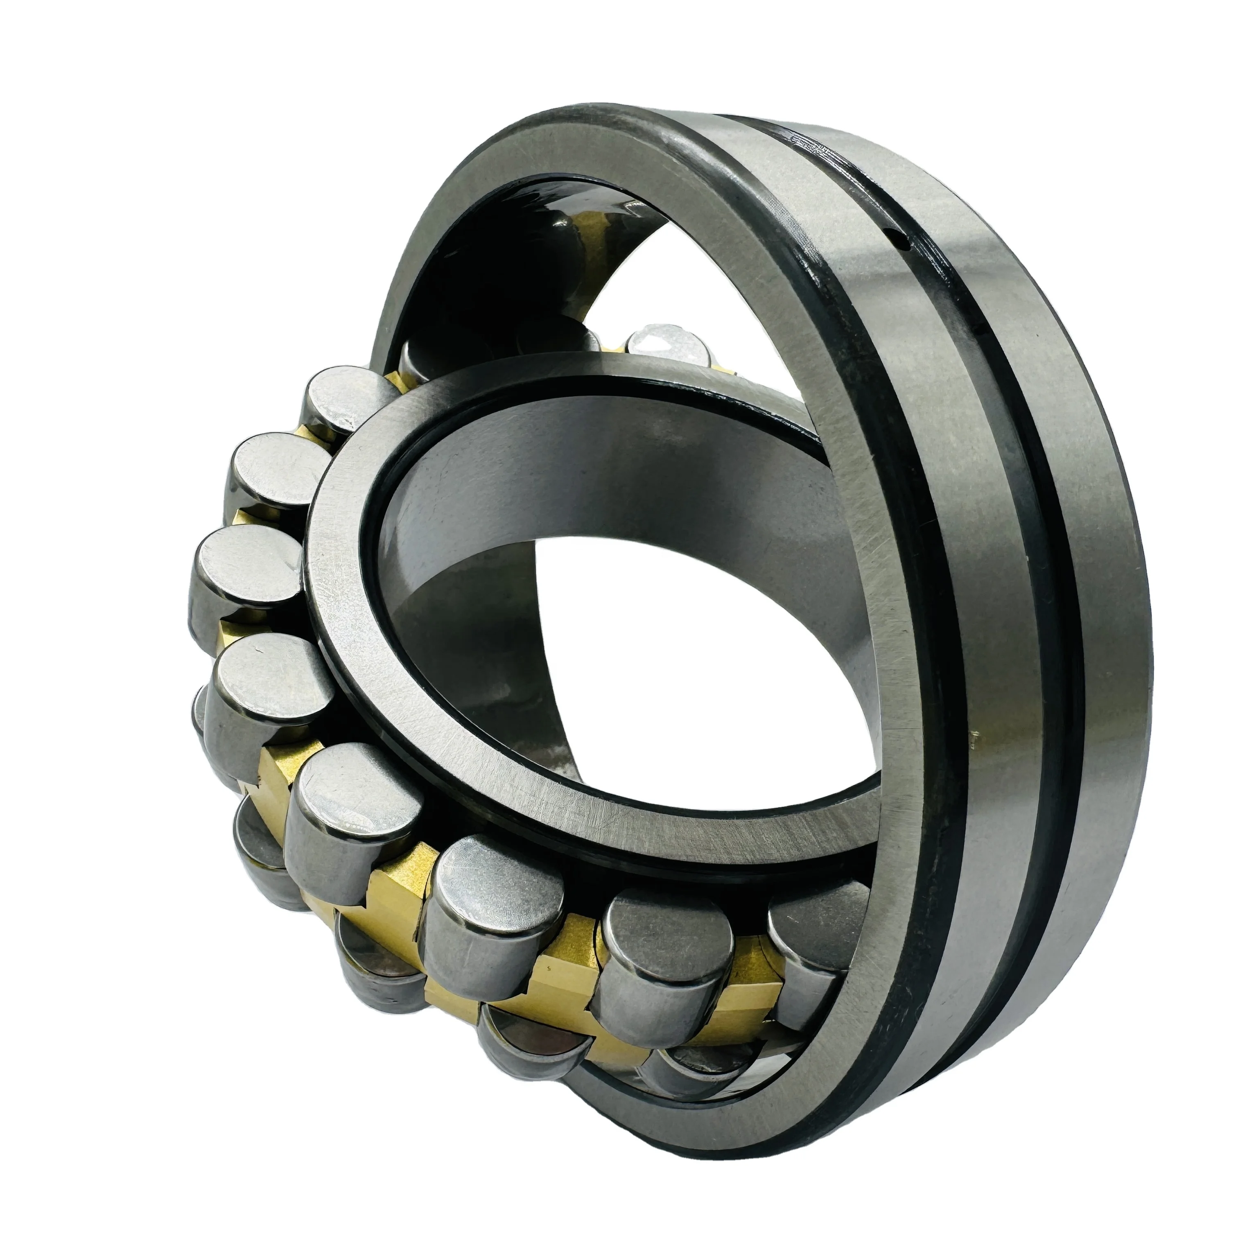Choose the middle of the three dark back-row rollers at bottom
point(525,1032)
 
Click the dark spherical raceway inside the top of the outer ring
point(513,244)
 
